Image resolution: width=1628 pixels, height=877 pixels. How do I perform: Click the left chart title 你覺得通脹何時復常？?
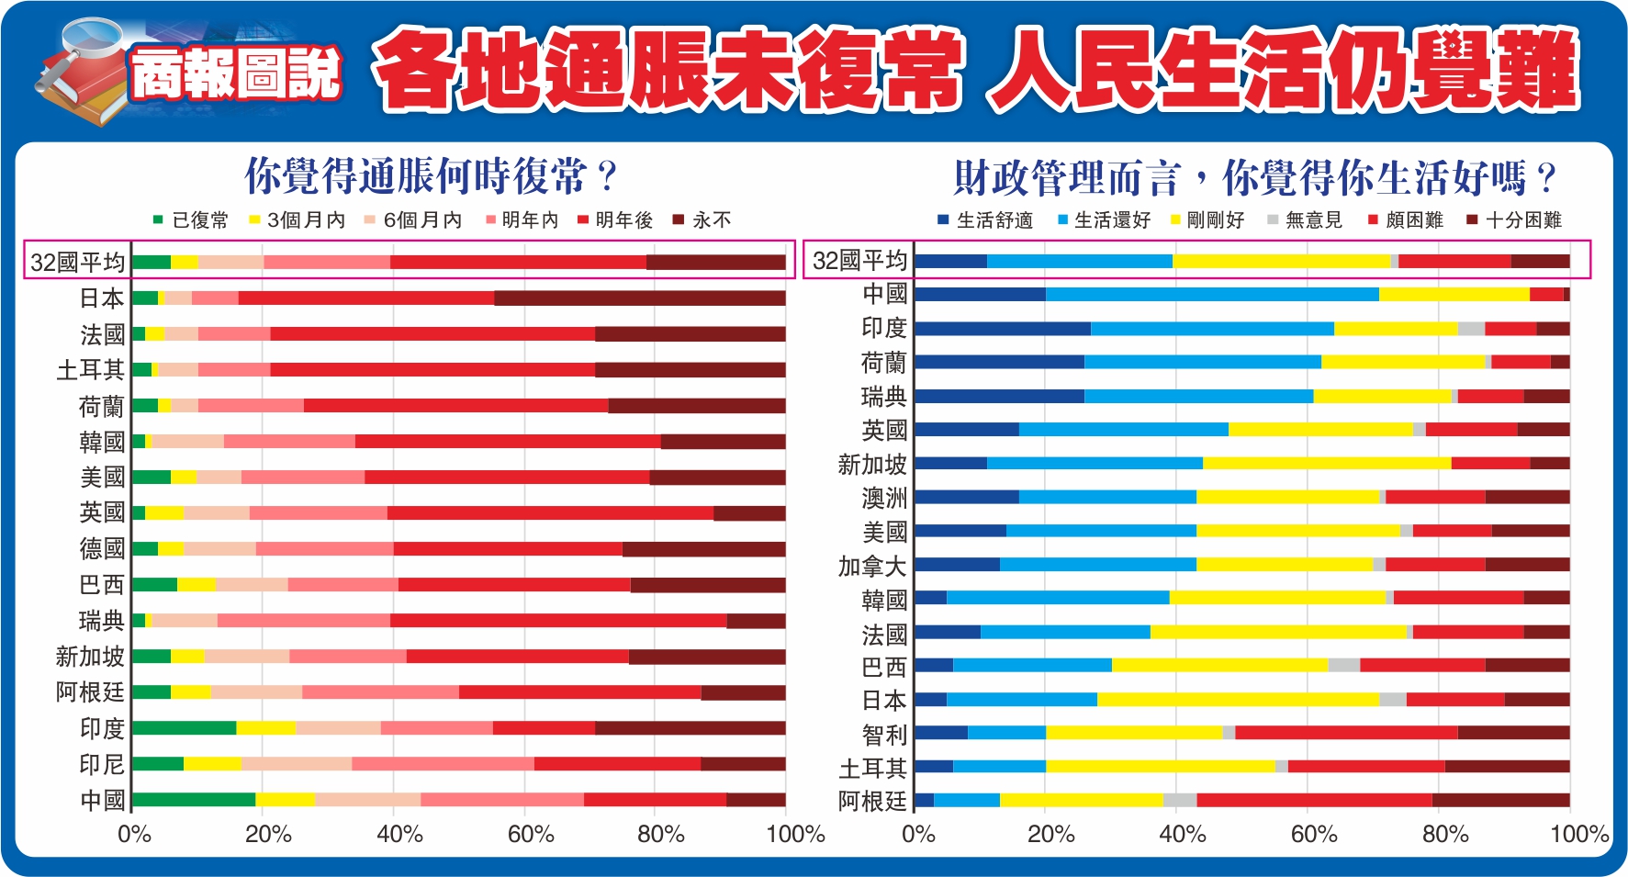[x=430, y=176]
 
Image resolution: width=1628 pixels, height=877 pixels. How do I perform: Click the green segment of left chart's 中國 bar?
[x=194, y=799]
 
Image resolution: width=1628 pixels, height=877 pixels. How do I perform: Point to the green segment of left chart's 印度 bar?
[x=184, y=728]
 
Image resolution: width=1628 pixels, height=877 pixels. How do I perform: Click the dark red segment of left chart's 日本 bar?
[x=639, y=298]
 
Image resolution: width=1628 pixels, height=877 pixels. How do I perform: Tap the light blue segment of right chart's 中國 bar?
[x=1212, y=294]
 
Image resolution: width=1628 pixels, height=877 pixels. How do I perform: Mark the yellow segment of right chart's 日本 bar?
[x=1238, y=700]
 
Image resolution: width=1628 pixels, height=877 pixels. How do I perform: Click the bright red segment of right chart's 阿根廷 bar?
[x=1314, y=800]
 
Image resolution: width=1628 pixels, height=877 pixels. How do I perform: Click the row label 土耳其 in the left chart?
[x=90, y=369]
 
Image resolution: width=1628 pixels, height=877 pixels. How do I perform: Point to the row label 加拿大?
[x=872, y=566]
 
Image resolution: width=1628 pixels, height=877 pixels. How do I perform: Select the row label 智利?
[x=884, y=735]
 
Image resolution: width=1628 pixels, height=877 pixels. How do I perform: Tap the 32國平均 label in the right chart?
[x=859, y=261]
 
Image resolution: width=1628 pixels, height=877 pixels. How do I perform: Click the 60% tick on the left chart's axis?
[x=531, y=834]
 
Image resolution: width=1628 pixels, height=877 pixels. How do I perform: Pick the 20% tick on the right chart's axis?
[x=1050, y=834]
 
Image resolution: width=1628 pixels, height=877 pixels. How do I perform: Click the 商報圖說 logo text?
[x=235, y=73]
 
